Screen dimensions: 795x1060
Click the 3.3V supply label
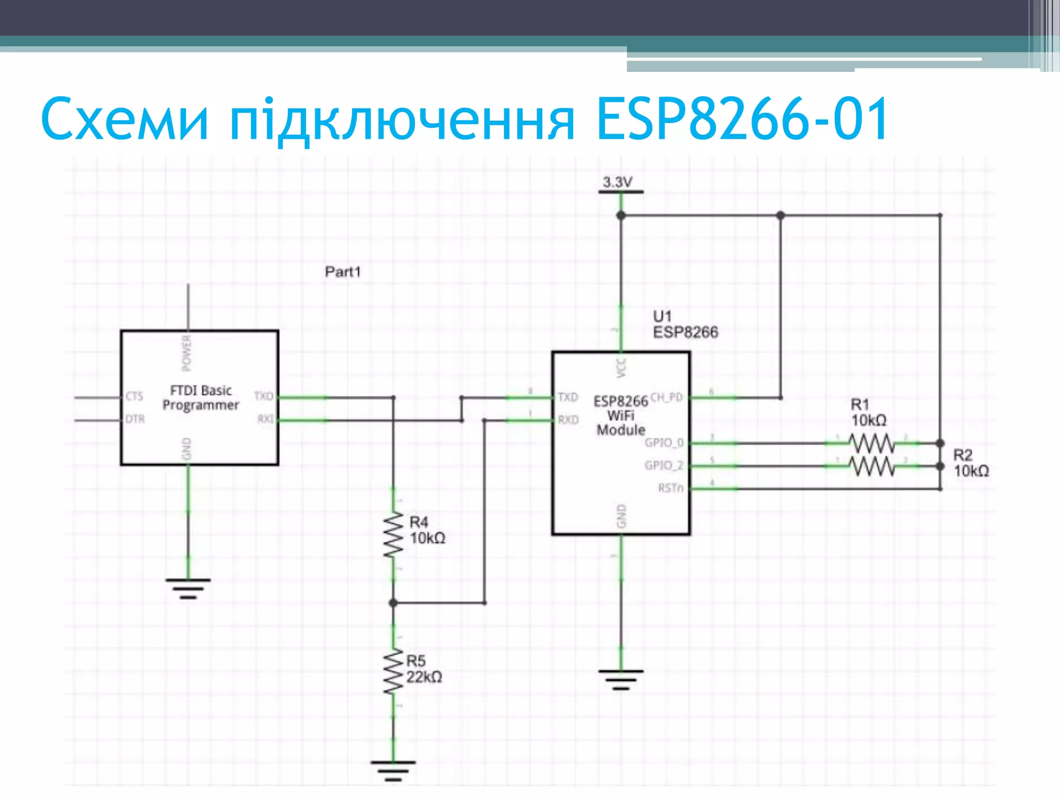(617, 182)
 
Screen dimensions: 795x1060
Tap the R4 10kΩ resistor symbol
(393, 535)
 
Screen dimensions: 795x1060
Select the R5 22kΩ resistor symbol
(393, 672)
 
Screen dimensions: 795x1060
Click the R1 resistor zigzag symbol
(872, 443)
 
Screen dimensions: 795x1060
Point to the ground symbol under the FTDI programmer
(188, 588)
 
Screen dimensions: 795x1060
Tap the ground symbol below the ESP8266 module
(621, 679)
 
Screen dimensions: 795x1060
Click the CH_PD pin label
(667, 397)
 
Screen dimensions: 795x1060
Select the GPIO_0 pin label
(664, 443)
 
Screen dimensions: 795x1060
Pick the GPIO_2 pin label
(664, 465)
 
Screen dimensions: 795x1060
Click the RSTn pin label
(671, 488)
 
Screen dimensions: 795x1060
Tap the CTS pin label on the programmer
(134, 396)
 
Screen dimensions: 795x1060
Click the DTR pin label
(135, 419)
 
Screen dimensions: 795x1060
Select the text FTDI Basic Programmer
(201, 397)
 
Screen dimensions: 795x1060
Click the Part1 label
(343, 272)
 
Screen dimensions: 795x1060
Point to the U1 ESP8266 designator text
(684, 324)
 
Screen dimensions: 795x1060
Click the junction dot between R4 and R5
(393, 603)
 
